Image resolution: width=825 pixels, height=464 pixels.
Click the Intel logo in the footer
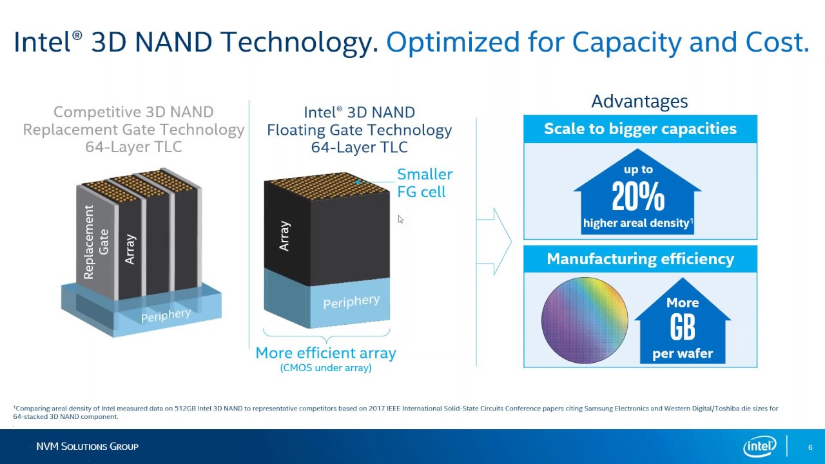click(760, 447)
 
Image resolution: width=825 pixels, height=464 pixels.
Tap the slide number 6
click(810, 447)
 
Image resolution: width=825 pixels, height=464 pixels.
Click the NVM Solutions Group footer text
click(87, 447)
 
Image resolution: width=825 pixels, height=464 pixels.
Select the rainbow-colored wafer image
click(585, 321)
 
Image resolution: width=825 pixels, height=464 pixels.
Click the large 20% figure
click(638, 197)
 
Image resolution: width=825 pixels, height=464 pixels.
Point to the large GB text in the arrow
click(683, 327)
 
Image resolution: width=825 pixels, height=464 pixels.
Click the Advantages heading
click(639, 102)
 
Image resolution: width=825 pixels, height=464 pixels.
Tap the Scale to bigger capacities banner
click(640, 129)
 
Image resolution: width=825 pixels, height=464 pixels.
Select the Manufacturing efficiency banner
click(640, 259)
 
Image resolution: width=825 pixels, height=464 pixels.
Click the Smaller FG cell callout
click(424, 183)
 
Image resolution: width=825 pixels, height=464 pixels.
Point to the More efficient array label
click(325, 353)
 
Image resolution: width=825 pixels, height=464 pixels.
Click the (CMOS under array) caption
click(325, 368)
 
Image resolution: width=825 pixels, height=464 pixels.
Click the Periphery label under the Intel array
click(351, 302)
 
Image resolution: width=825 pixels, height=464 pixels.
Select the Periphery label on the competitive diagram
click(166, 315)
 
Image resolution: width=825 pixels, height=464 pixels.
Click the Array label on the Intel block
click(284, 237)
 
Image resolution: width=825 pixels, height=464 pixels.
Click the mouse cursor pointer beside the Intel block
click(400, 220)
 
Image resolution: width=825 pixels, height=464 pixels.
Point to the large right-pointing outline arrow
click(496, 242)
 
